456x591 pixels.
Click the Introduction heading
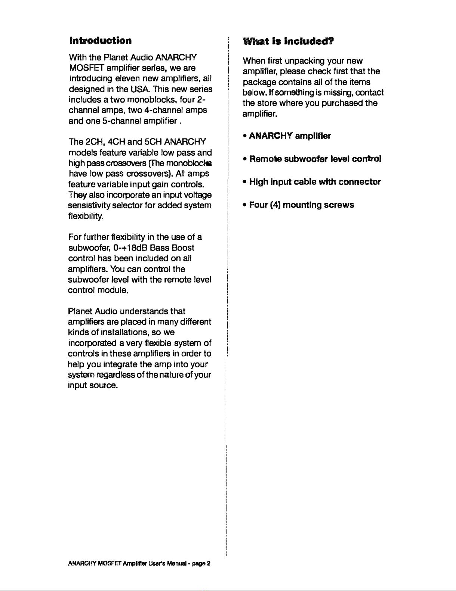[x=100, y=40]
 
